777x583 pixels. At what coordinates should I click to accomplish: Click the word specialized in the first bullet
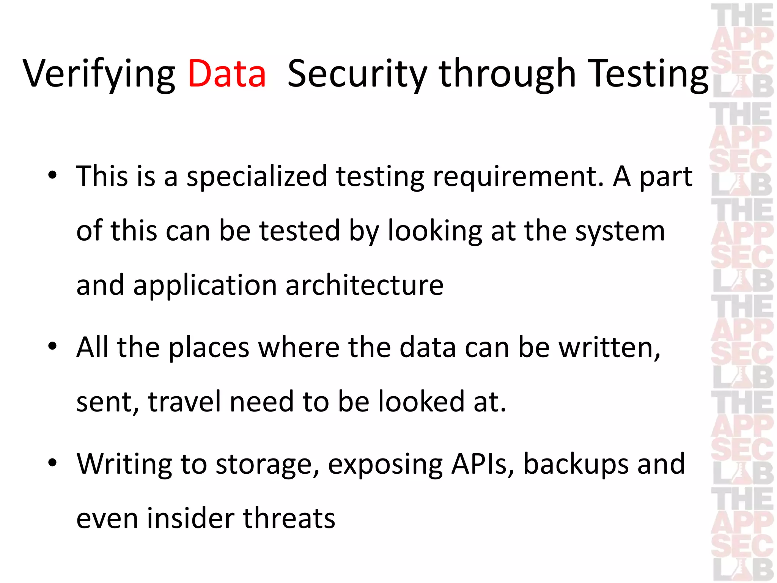(x=257, y=177)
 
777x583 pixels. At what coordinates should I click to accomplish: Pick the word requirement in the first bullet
(x=518, y=177)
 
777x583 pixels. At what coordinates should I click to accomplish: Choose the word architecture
(x=364, y=285)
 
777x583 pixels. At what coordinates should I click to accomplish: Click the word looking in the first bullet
(x=435, y=232)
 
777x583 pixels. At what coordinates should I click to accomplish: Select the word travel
(x=184, y=402)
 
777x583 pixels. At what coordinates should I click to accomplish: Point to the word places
(x=209, y=348)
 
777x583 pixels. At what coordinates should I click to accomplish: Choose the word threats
(x=289, y=518)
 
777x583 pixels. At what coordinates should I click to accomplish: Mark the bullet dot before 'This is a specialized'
(x=52, y=175)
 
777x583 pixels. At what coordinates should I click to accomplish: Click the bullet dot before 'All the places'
(x=52, y=346)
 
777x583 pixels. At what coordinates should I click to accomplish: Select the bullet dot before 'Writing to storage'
(x=52, y=463)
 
